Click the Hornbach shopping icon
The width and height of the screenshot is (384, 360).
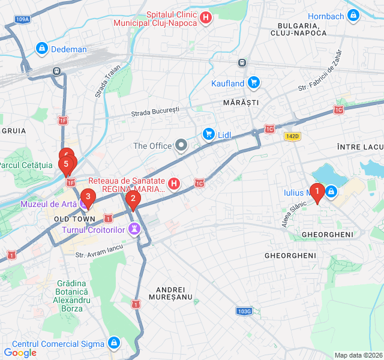353,15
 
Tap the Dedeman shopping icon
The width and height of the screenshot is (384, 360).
41,48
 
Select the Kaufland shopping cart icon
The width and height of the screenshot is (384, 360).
254,83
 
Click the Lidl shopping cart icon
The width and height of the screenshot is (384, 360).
208,133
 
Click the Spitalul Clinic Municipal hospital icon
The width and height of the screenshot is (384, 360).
206,18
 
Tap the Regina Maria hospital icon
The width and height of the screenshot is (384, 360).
174,183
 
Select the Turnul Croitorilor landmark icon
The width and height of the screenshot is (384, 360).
135,229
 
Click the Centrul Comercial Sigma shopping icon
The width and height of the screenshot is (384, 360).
114,343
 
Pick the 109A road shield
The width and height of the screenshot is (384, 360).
22,19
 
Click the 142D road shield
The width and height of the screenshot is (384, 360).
292,136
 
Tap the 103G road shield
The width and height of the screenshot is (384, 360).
244,311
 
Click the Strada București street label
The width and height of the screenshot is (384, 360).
155,112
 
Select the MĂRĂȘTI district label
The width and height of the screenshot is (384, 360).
241,103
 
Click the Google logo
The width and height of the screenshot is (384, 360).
20,352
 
